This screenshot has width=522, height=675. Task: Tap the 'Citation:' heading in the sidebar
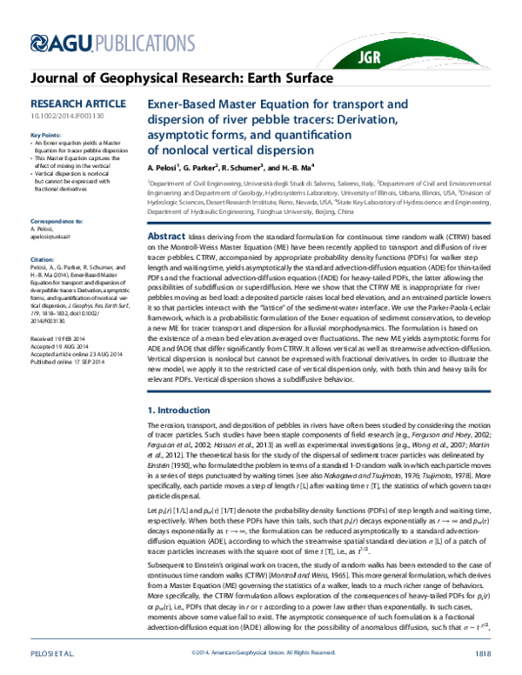click(42, 258)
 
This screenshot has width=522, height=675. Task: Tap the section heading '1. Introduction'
click(180, 408)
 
